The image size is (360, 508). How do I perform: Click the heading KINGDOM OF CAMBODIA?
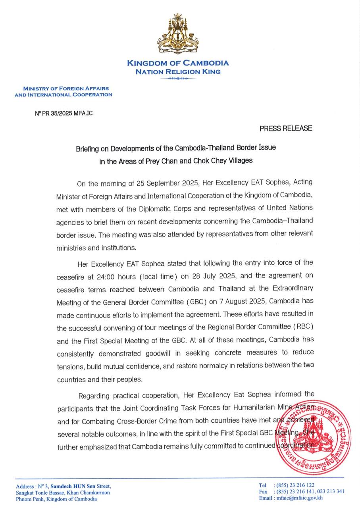click(x=178, y=63)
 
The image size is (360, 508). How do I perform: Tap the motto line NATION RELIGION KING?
click(x=178, y=72)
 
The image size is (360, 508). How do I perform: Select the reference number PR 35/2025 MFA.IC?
click(x=64, y=113)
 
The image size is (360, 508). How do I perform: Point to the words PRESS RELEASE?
click(x=286, y=128)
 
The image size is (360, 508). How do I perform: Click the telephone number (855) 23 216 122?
click(x=295, y=485)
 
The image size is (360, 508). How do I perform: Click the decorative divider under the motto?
click(x=178, y=79)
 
